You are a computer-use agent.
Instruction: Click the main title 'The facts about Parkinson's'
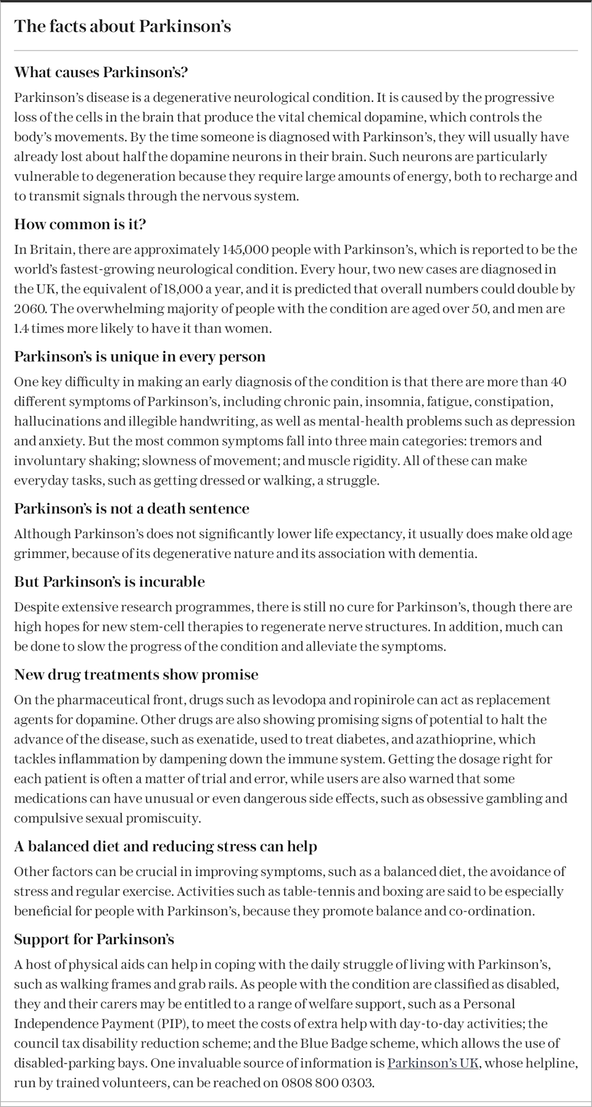tap(123, 26)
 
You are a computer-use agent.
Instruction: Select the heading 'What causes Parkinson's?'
tap(101, 72)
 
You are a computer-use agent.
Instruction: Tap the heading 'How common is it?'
tap(80, 224)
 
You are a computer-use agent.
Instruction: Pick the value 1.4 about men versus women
tap(22, 329)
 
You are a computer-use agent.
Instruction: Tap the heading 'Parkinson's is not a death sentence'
tap(131, 509)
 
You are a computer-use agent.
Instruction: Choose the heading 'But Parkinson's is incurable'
tap(109, 581)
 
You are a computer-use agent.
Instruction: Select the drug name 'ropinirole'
tap(382, 700)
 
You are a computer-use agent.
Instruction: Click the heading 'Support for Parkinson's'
tap(94, 939)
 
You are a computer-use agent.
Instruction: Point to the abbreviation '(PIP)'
tap(170, 1024)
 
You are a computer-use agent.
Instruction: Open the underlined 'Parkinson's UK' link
tap(433, 1063)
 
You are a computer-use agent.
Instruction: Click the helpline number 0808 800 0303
tap(327, 1083)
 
